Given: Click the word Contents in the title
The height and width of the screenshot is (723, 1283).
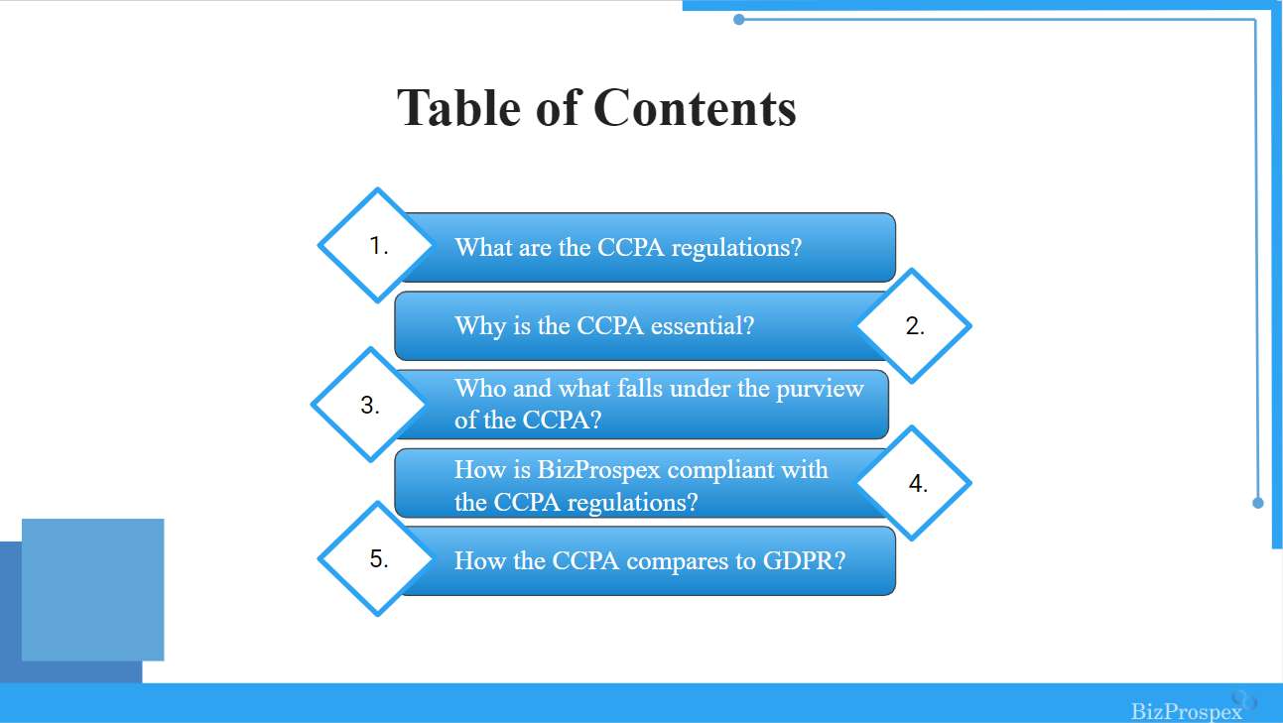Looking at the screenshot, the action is coord(695,108).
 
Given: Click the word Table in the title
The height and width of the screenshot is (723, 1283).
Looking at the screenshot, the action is coord(458,108).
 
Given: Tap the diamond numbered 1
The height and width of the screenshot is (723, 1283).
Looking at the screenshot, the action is coord(377,245).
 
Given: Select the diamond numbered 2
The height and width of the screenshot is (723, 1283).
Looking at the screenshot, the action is coord(914,325).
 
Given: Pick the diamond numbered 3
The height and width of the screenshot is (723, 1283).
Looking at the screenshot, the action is coord(370,405).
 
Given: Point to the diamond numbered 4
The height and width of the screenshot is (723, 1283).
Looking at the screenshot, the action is coord(914,483).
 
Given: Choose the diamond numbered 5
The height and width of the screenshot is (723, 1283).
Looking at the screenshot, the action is coord(377,558).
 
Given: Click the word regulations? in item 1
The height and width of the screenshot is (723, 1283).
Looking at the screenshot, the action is coord(736,249).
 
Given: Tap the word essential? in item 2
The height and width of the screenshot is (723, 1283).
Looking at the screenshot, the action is coord(703,326).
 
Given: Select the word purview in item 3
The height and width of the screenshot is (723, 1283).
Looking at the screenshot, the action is coord(820,390).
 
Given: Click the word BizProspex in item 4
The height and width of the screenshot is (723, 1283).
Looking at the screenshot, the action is coord(598,471).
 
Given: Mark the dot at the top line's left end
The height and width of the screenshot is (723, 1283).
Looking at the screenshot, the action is coord(739,20).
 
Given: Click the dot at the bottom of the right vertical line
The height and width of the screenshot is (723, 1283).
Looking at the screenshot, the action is coord(1258,503).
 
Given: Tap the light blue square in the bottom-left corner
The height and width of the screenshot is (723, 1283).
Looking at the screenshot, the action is coord(93,590).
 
